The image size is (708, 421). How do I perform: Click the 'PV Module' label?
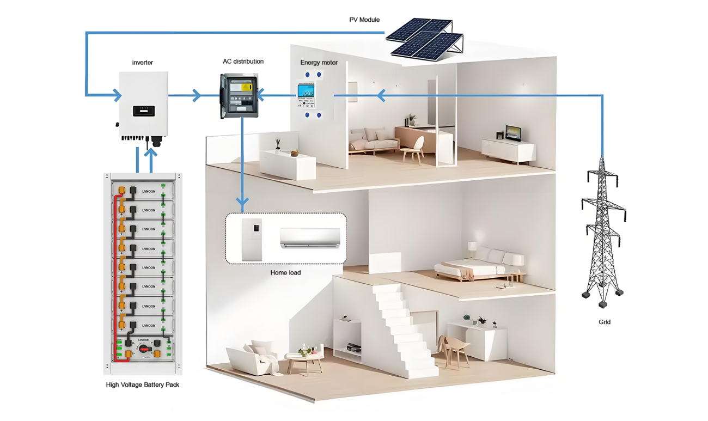point(364,20)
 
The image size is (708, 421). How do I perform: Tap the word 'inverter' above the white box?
point(143,63)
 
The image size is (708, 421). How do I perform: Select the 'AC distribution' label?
point(243,62)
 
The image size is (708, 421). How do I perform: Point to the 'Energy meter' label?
point(319,63)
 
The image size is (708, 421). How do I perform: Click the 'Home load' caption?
point(285,272)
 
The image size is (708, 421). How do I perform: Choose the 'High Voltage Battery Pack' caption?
point(143,385)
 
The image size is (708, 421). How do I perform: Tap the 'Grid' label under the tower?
point(605,322)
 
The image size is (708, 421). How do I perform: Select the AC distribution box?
point(239,96)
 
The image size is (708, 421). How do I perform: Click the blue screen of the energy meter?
point(306,91)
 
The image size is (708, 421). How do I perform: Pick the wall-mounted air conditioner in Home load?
point(310,237)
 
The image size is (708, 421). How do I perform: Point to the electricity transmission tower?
point(602,234)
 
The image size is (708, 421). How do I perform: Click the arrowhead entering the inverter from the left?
point(117,96)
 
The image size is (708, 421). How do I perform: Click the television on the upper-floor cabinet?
point(512,133)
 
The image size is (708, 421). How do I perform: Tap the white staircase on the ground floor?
point(406,332)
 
